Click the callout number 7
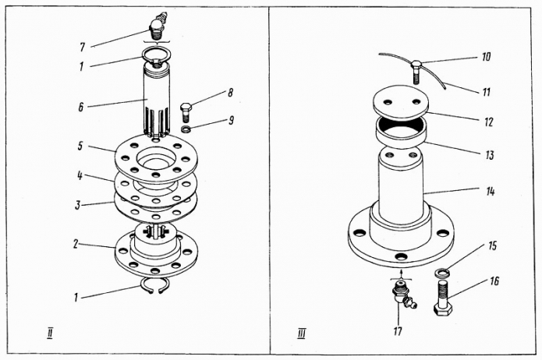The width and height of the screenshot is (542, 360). pyautogui.click(x=82, y=47)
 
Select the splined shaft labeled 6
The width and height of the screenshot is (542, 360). pyautogui.click(x=157, y=101)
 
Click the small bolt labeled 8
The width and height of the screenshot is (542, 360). pyautogui.click(x=186, y=111)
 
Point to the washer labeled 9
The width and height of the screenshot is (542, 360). pyautogui.click(x=186, y=129)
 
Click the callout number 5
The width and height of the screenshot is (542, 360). pyautogui.click(x=80, y=146)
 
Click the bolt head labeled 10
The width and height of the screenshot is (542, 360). pyautogui.click(x=416, y=64)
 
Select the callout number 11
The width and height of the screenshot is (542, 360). pyautogui.click(x=487, y=92)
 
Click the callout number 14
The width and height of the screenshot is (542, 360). pyautogui.click(x=491, y=191)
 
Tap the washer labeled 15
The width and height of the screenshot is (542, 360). pyautogui.click(x=442, y=272)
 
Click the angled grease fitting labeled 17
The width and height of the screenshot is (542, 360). pyautogui.click(x=403, y=296)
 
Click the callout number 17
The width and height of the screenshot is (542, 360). pyautogui.click(x=398, y=331)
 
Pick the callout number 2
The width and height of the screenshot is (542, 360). pyautogui.click(x=76, y=244)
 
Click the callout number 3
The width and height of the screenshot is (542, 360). pyautogui.click(x=78, y=205)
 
